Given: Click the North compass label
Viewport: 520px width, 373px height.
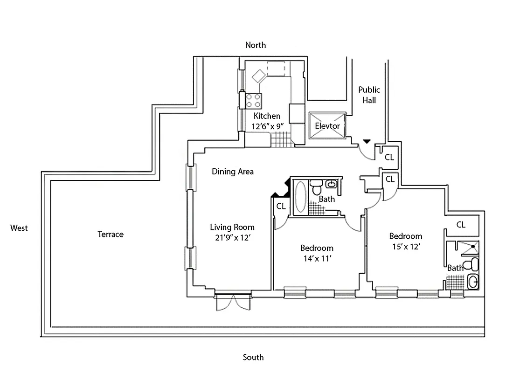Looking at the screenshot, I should pyautogui.click(x=256, y=45).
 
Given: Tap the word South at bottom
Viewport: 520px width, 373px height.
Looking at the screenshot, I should pyautogui.click(x=253, y=358).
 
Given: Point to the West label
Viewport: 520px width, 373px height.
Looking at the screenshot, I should pyautogui.click(x=19, y=228).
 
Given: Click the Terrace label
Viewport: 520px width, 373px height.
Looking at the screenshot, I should pyautogui.click(x=111, y=234).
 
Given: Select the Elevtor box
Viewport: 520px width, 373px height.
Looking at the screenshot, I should pyautogui.click(x=327, y=126).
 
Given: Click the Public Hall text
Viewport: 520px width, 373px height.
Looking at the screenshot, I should pyautogui.click(x=369, y=95).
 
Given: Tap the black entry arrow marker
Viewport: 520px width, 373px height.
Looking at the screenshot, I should pyautogui.click(x=367, y=141).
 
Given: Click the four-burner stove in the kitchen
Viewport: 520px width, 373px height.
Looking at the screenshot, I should pyautogui.click(x=254, y=100).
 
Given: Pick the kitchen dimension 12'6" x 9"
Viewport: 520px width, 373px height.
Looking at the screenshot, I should pyautogui.click(x=267, y=126).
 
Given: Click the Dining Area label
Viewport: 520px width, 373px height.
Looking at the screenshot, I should pyautogui.click(x=233, y=172).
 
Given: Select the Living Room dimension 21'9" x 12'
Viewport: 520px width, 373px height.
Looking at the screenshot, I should pyautogui.click(x=232, y=237).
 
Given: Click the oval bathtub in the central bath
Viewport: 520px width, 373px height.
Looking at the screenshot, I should pyautogui.click(x=301, y=198).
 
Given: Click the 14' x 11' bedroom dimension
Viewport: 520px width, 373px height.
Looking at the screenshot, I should pyautogui.click(x=317, y=258).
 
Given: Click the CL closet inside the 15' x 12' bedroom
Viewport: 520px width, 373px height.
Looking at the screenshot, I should pyautogui.click(x=461, y=225).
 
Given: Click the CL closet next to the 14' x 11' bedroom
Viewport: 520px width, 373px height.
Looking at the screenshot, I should pyautogui.click(x=281, y=206).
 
